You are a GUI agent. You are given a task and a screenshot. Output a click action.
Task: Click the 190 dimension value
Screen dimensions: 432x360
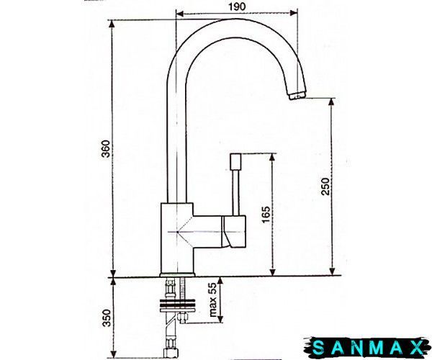[x=237, y=6]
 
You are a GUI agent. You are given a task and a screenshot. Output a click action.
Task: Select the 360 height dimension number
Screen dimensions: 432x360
[x=106, y=149]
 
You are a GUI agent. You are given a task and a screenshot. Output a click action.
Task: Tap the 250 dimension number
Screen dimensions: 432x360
[x=325, y=186]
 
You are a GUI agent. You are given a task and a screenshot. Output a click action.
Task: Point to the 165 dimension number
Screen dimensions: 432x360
[x=266, y=215]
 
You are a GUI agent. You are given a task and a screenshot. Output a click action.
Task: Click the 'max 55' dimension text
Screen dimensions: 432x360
[x=213, y=300]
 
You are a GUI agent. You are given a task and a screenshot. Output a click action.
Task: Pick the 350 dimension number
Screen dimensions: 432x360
[x=107, y=318]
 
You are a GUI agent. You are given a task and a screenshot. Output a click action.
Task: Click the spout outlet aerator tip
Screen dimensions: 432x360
[x=297, y=96]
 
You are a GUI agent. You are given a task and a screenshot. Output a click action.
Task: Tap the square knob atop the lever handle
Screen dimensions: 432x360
[x=235, y=162]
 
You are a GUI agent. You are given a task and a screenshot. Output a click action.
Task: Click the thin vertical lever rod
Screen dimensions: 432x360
[x=236, y=192]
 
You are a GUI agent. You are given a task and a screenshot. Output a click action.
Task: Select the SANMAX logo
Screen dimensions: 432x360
[x=368, y=348]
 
